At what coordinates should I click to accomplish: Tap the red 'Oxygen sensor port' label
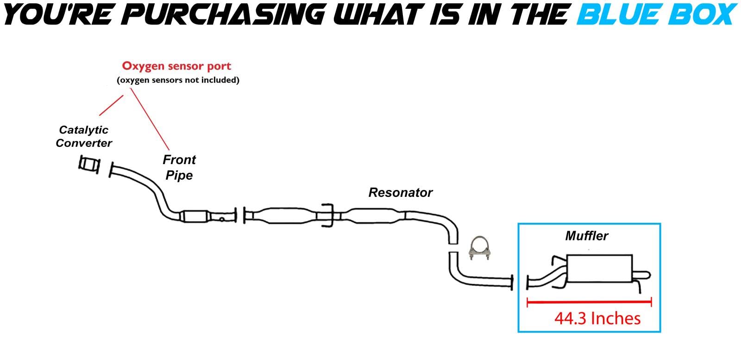(176, 66)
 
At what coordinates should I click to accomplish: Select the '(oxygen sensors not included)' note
(178, 80)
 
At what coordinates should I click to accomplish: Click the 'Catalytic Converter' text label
(84, 136)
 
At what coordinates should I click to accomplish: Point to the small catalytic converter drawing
(89, 164)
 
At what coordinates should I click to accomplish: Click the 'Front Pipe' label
(179, 167)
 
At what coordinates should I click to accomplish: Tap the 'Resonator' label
(400, 192)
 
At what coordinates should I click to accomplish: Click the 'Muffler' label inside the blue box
(586, 236)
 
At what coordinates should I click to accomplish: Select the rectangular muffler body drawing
(599, 268)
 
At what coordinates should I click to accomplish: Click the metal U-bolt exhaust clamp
(479, 251)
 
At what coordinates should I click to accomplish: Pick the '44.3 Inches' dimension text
(597, 318)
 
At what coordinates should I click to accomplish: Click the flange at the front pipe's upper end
(111, 170)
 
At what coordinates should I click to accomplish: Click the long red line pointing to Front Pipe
(149, 118)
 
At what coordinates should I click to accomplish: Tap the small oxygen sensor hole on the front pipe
(222, 219)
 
